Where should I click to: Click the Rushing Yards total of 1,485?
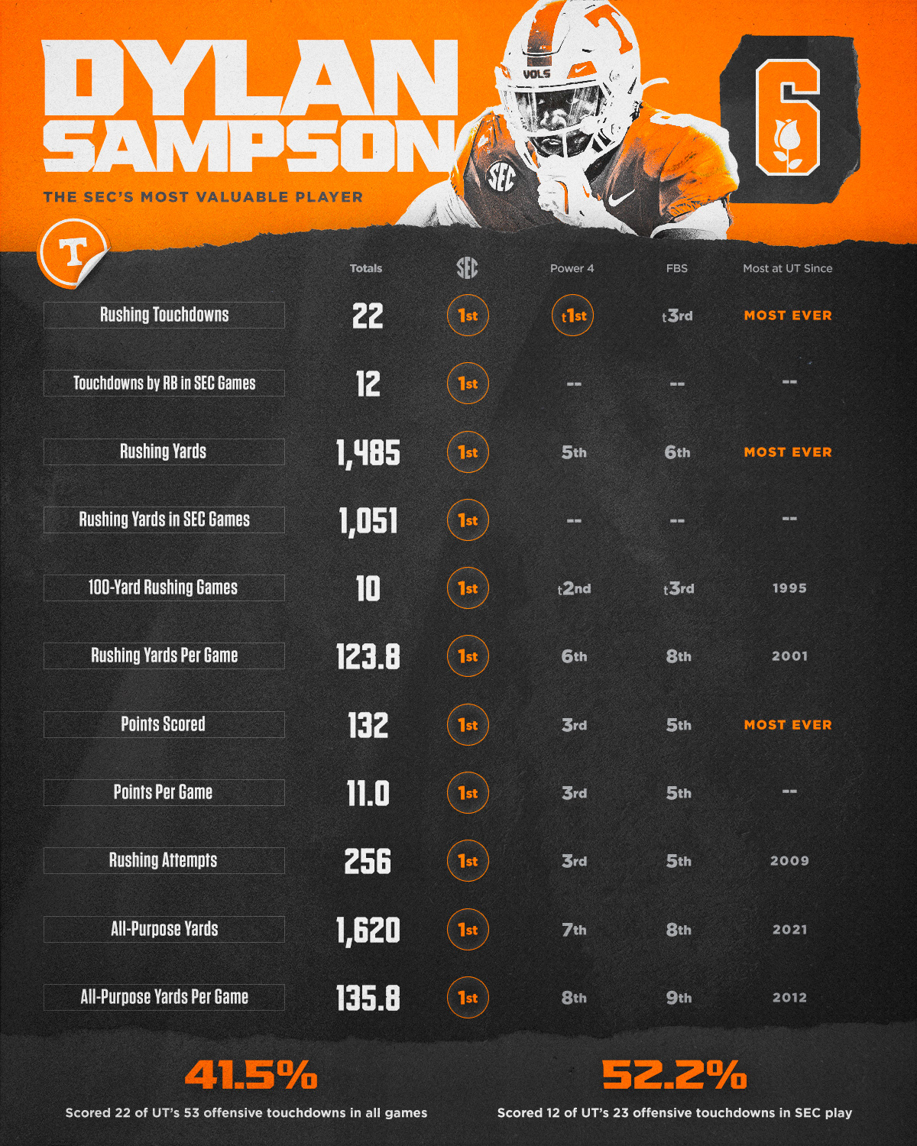coord(368,452)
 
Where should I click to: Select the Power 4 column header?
coord(572,268)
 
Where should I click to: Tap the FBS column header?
coord(676,268)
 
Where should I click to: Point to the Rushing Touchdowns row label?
coord(164,315)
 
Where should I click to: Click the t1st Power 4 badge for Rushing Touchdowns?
coord(572,316)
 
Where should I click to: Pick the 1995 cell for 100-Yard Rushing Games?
coord(789,588)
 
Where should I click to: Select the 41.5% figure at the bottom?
coord(251,1075)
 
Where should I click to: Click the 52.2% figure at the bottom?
coord(674,1075)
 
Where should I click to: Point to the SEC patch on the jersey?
coord(501,178)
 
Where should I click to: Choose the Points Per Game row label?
coord(164,792)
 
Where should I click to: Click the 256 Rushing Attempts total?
coord(368,861)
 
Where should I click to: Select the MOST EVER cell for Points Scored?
coord(788,724)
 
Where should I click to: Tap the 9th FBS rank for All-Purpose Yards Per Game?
coord(678,998)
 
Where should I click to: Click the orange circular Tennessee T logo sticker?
coord(73,251)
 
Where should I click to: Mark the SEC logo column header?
coord(467,268)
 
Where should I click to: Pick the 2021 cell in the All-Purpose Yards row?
coord(789,930)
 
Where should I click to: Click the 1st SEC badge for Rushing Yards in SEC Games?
coord(467,520)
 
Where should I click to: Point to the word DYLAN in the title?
coord(251,79)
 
